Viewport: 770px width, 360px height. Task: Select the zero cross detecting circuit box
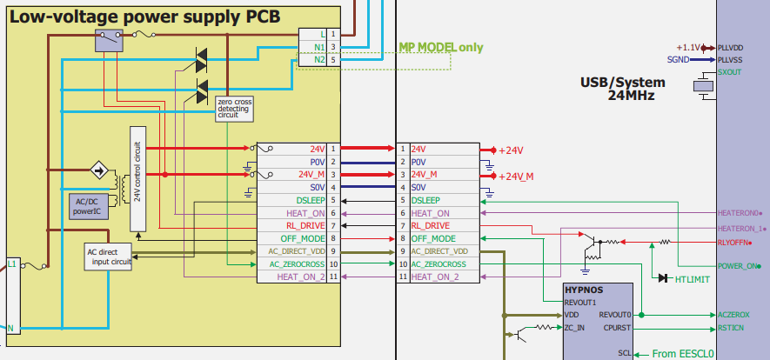234,109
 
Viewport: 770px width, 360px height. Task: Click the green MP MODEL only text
440,48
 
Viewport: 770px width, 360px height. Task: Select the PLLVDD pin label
734,48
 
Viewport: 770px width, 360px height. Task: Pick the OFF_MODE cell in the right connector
432,238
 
